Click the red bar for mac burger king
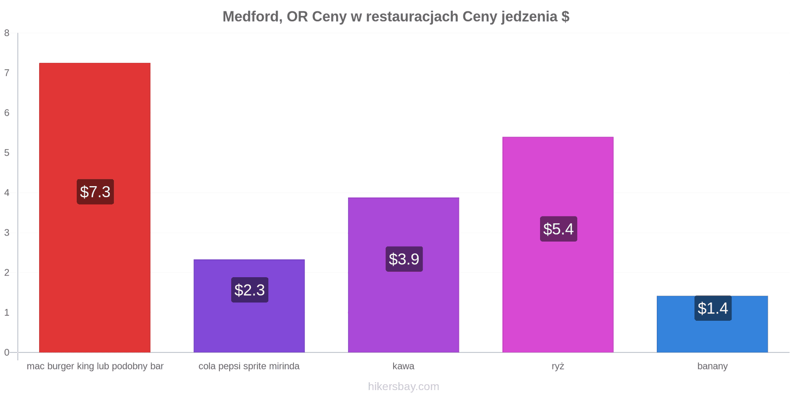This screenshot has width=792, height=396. [95, 207]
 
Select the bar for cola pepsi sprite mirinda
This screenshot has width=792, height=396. [249, 306]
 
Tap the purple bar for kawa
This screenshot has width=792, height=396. [403, 275]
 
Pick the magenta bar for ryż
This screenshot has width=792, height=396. [558, 245]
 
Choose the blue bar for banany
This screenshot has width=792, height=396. [712, 324]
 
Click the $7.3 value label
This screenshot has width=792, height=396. [96, 192]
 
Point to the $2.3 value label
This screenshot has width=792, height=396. [249, 290]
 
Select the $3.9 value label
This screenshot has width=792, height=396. [404, 259]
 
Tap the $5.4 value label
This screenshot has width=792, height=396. [559, 229]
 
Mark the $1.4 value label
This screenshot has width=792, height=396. [713, 308]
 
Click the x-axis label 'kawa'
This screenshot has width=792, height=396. [403, 366]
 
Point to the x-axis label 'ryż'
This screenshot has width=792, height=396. [558, 366]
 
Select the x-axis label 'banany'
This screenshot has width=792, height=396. [712, 366]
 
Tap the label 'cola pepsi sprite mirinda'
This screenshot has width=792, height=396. [249, 366]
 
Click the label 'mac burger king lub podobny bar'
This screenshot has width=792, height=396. [95, 366]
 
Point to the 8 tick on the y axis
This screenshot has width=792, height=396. [7, 33]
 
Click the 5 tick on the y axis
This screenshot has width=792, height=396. [7, 153]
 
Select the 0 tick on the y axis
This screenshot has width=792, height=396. [7, 352]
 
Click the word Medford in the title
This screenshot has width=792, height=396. [252, 17]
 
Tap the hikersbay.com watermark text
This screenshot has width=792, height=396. [403, 386]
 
